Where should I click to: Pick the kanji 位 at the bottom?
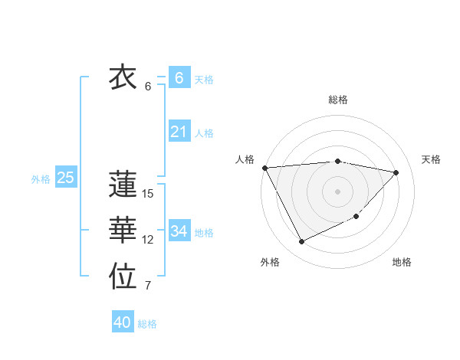point(123,277)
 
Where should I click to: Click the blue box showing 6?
point(179,78)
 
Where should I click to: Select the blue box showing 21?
point(179,132)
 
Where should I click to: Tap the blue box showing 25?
point(65,178)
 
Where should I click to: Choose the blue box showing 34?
point(179,231)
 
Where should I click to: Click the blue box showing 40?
point(122,322)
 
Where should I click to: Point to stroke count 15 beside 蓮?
point(148,194)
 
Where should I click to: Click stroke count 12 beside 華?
point(148,240)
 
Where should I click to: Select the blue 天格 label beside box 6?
point(204,79)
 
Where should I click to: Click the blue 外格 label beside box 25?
point(41,179)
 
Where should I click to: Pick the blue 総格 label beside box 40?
point(147,324)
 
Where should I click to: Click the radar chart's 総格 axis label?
point(338,100)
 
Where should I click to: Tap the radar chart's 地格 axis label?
point(402,262)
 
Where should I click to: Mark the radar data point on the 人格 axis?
point(264,168)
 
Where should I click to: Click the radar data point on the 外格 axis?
point(301,242)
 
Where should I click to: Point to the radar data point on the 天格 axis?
point(396,172)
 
